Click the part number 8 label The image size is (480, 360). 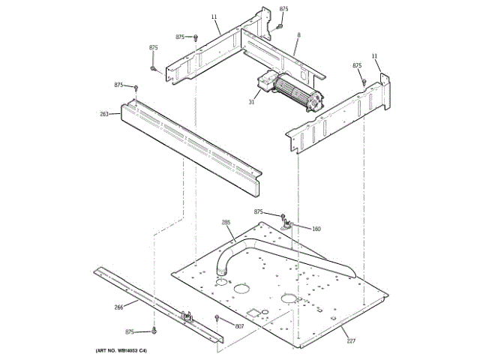coord(298,35)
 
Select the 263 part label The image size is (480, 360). coord(104,115)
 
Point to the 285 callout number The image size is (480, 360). coord(226,223)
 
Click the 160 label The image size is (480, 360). coord(316,229)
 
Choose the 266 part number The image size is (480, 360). coord(119,306)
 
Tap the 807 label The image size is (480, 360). coord(239,325)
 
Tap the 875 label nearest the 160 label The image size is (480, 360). coord(259,212)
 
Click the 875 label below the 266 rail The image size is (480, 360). coord(130,331)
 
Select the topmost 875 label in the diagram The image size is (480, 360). coord(283,8)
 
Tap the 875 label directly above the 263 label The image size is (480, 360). coord(118,85)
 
